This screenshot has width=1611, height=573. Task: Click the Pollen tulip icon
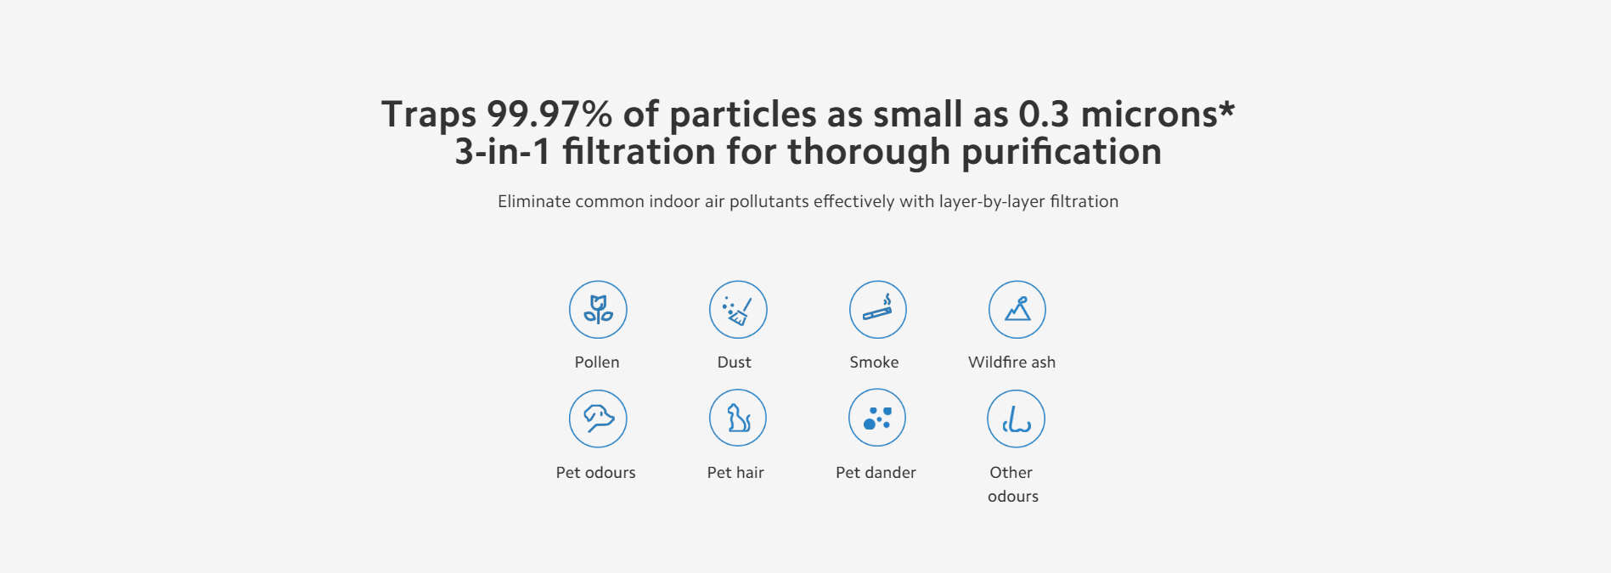tap(598, 310)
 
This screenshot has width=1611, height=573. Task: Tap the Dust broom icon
tap(738, 310)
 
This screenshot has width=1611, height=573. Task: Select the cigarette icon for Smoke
tap(878, 310)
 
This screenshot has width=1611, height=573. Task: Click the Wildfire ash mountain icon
tap(1017, 310)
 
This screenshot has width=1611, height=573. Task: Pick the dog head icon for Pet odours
tap(598, 419)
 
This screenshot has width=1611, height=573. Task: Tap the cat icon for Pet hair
tap(738, 419)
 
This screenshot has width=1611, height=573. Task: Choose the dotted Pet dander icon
tap(877, 419)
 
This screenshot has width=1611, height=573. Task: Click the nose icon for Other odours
tap(1016, 419)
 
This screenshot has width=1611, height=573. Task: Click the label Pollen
tap(597, 362)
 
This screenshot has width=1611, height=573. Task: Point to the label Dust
tap(735, 362)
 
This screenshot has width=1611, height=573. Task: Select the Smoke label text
tap(874, 362)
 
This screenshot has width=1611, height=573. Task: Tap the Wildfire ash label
tap(1011, 362)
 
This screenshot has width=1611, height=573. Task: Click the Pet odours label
tap(596, 473)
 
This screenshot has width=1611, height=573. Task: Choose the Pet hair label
tap(735, 473)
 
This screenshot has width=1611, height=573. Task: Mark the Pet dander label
tap(876, 473)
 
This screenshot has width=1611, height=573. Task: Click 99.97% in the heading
tap(549, 115)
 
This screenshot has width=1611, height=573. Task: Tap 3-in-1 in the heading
tap(503, 153)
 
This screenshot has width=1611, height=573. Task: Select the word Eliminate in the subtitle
tap(533, 201)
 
